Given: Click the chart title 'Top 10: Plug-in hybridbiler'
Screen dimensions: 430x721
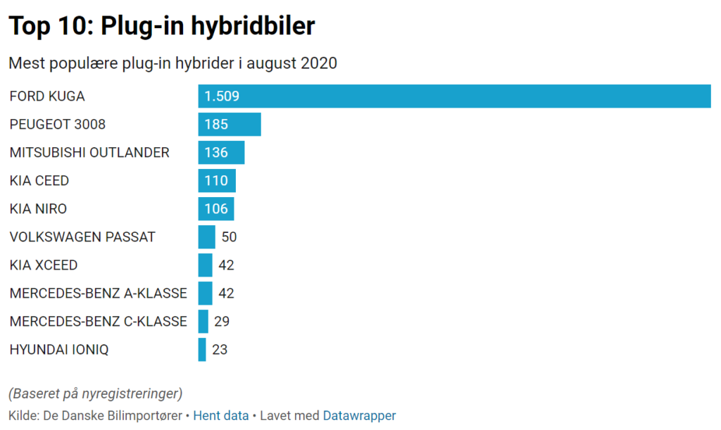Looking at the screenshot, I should coord(161,26).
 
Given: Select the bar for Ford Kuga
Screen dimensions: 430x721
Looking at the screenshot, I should coord(454,96).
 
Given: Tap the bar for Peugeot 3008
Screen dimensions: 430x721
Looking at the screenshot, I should coord(230,125).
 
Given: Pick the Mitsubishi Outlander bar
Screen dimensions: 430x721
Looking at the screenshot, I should coord(221,153).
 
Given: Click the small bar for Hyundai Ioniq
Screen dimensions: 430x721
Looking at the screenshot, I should coord(202,350).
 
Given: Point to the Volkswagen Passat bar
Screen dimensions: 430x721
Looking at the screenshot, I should coord(206,237).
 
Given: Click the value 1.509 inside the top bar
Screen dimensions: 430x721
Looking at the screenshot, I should coord(222,96).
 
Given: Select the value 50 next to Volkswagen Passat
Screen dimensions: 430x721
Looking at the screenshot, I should coord(229,237).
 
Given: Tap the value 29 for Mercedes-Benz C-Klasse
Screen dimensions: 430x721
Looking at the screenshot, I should coord(222,322).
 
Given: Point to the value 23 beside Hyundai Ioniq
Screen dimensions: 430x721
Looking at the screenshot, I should coord(220,350).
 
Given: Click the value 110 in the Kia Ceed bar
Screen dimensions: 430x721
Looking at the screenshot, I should coord(216,181).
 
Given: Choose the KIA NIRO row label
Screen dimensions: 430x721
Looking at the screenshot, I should coord(38,209).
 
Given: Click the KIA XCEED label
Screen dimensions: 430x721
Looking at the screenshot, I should coord(44,265).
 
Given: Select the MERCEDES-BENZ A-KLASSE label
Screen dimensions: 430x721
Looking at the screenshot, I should coord(98,293).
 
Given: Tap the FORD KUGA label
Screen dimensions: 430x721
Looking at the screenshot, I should coord(47,96).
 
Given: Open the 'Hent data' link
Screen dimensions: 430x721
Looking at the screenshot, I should coord(220,416).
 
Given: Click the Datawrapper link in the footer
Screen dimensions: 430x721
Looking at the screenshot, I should coord(359,416).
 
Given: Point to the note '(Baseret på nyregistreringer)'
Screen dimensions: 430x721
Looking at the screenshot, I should coord(95,393).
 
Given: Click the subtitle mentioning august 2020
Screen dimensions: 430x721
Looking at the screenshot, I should coord(173,63).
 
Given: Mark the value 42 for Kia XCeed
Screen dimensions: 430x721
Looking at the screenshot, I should coord(226,265).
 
